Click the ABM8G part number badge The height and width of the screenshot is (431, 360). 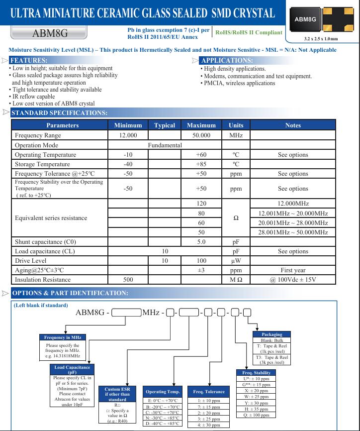[x=50, y=33]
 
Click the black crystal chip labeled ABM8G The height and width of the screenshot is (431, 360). [x=305, y=19]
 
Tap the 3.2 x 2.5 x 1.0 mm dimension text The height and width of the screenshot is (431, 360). [x=320, y=39]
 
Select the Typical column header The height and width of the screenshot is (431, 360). [x=165, y=125]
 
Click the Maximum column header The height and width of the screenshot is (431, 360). [x=201, y=125]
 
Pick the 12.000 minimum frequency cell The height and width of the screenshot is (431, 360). [x=128, y=135]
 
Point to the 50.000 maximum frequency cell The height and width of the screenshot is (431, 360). [x=201, y=135]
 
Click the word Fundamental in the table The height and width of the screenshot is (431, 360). [x=165, y=145]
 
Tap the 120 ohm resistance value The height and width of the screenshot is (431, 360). [x=201, y=204]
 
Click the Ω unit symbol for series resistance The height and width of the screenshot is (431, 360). [x=236, y=218]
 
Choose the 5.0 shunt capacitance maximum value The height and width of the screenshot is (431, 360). [x=201, y=242]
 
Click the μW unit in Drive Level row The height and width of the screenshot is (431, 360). [x=236, y=261]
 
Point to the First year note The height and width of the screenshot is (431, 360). [x=293, y=270]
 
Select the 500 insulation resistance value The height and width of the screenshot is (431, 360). [x=128, y=280]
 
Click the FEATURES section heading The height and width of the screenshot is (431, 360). [x=29, y=60]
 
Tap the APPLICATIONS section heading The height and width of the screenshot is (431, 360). [x=226, y=60]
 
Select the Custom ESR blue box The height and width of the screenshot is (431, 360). [x=117, y=394]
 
